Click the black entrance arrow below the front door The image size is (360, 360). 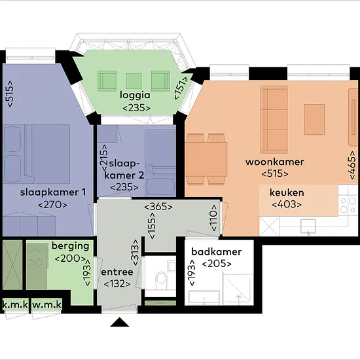(119, 322)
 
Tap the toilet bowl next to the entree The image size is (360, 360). (162, 280)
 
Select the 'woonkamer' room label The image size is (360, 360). (275, 162)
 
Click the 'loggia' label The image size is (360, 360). (135, 95)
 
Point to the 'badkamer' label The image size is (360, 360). (217, 252)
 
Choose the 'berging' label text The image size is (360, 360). (71, 246)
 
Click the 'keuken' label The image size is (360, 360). (287, 192)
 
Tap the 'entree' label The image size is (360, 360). (117, 272)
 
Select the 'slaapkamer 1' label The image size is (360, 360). (53, 192)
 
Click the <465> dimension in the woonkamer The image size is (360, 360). (351, 165)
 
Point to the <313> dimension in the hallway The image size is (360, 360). (135, 253)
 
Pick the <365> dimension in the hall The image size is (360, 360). (158, 207)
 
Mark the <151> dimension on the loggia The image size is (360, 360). (181, 88)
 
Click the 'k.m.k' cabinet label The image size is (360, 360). (15, 305)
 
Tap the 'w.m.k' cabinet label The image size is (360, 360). (47, 305)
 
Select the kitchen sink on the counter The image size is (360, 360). (308, 226)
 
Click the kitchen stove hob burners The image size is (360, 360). (348, 205)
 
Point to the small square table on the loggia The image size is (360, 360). (134, 81)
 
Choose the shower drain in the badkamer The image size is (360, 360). (239, 297)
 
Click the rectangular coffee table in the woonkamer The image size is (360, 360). (314, 119)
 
